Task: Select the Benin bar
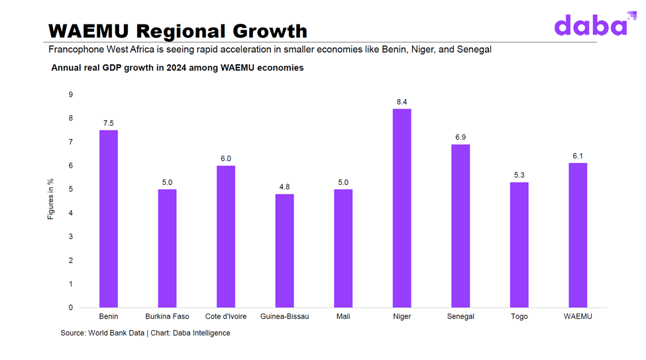click(x=109, y=218)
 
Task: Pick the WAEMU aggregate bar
click(x=578, y=235)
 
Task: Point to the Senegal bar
click(x=460, y=225)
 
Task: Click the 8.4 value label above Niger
click(x=402, y=101)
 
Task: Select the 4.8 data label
click(x=284, y=187)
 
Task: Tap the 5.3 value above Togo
click(x=519, y=175)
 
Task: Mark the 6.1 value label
click(x=578, y=156)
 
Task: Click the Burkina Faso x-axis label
click(x=167, y=317)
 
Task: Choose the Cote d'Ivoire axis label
click(x=226, y=317)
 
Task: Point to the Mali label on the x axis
click(x=343, y=317)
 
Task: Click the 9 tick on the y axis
click(x=71, y=95)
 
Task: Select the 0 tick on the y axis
click(x=71, y=308)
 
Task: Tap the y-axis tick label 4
click(x=71, y=213)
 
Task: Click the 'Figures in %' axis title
click(x=51, y=199)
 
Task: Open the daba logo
click(x=590, y=25)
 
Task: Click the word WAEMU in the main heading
click(x=90, y=30)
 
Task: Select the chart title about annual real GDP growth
click(x=177, y=68)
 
